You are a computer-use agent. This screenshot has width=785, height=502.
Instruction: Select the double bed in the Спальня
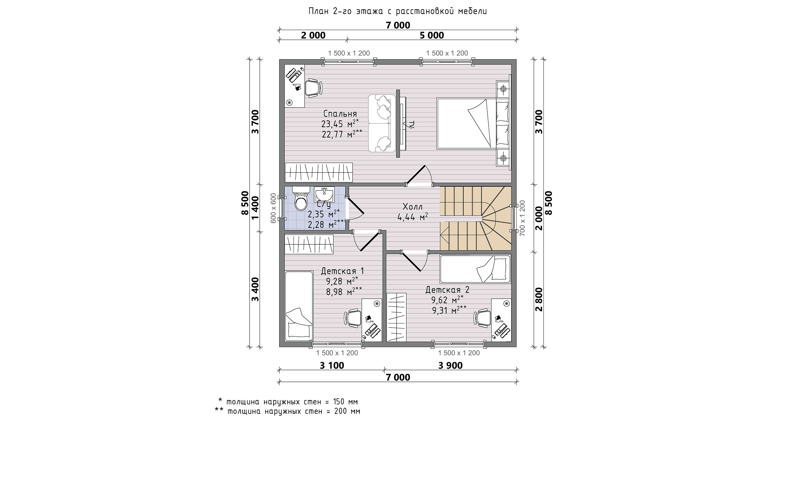pos(473,124)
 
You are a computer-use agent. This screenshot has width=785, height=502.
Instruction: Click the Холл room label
pos(412,207)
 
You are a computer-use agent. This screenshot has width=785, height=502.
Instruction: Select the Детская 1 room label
pos(343,271)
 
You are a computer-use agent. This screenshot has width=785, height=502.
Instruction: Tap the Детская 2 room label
pos(447,290)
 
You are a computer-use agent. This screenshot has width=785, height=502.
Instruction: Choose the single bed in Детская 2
pos(475,269)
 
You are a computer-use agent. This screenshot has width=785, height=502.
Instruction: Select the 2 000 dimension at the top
pos(313,35)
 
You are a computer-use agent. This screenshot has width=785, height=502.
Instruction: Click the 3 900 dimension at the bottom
pos(450,366)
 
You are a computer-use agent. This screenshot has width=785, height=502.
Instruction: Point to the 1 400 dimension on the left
pos(255,208)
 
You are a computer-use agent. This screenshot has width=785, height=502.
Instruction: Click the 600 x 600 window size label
pos(273,208)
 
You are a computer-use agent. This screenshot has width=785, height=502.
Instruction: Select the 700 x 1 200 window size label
pos(522,218)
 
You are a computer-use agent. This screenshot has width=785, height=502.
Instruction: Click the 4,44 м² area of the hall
pos(413,216)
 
